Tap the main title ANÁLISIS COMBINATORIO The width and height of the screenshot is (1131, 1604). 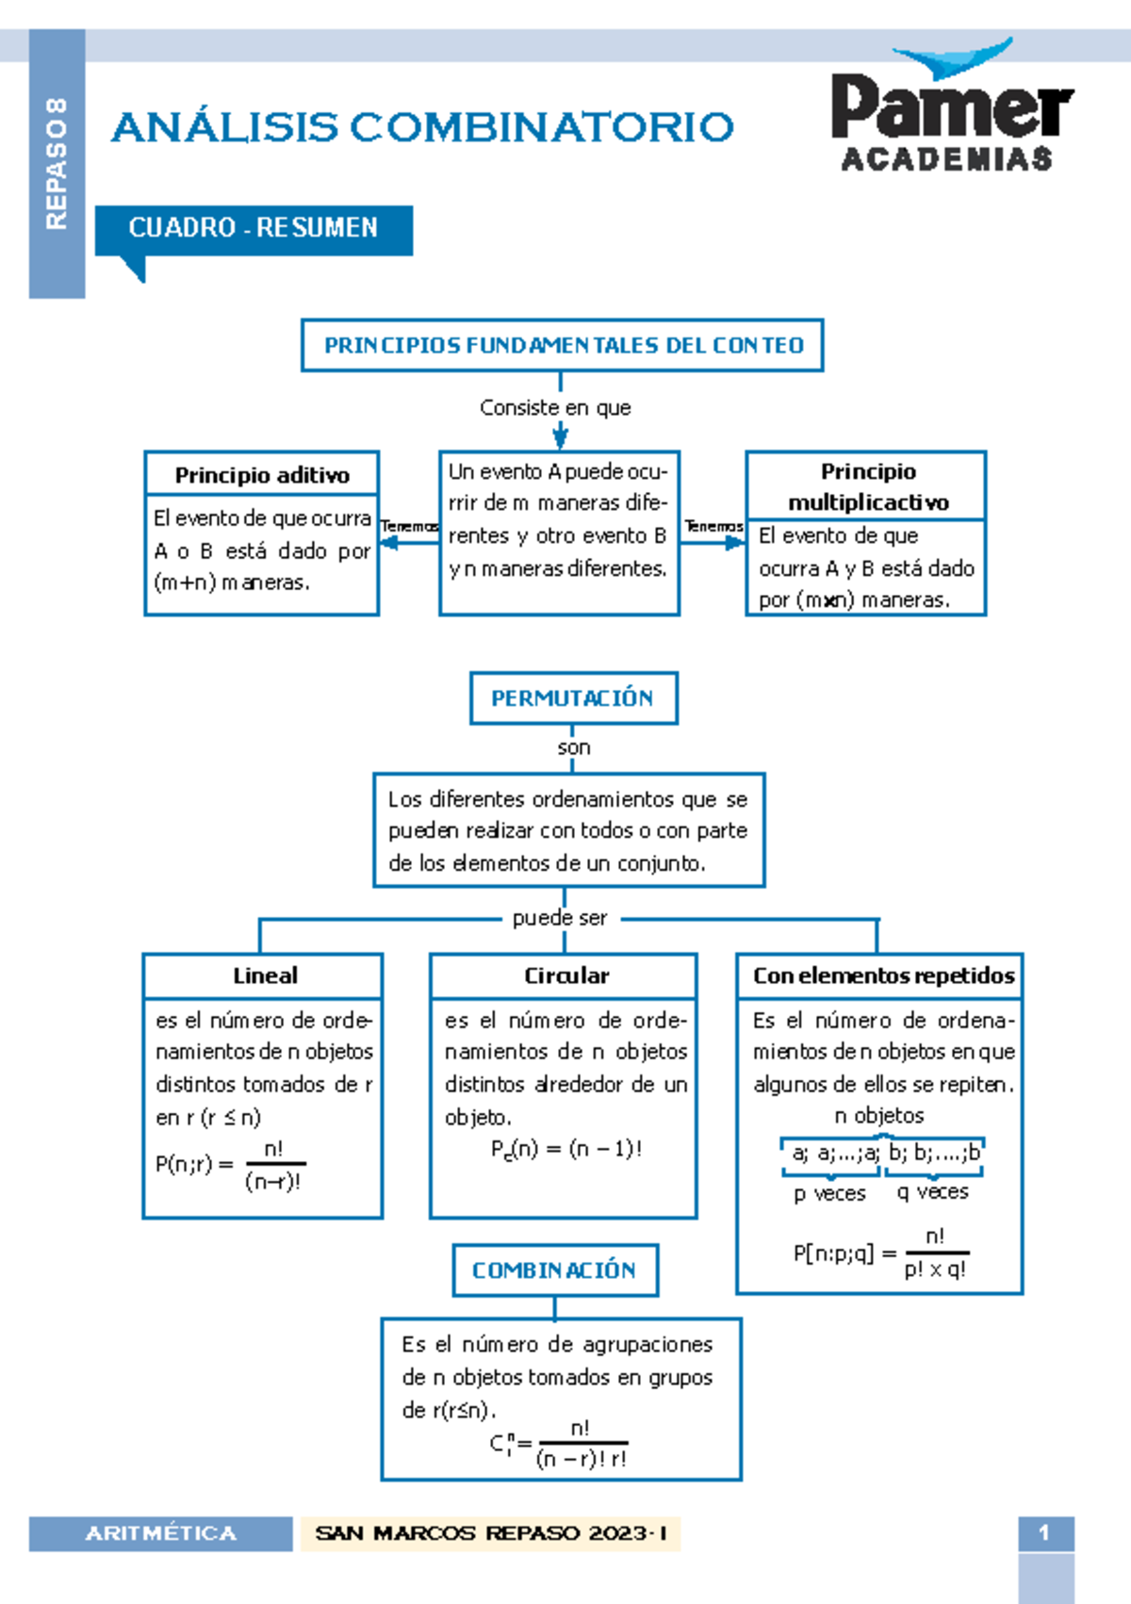[x=422, y=127]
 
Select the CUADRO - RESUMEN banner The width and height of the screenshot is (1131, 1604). [x=253, y=229]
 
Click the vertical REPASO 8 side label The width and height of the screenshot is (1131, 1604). [x=57, y=162]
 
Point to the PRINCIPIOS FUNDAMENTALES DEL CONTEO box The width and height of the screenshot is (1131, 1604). [x=563, y=346]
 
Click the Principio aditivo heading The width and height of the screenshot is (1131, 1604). [x=262, y=475]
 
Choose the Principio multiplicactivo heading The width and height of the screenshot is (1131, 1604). [x=867, y=486]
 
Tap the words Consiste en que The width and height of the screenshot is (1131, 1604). [x=555, y=408]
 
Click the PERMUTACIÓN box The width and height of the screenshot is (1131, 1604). [x=573, y=698]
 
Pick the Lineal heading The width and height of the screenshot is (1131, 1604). [x=264, y=975]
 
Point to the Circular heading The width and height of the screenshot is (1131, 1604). [x=565, y=975]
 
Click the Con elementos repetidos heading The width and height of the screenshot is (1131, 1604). [x=882, y=975]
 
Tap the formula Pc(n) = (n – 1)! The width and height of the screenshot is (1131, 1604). [x=565, y=1149]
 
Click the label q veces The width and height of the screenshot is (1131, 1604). [x=932, y=1192]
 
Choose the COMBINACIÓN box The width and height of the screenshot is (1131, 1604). [x=554, y=1270]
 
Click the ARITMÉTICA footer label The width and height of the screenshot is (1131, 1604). [x=160, y=1533]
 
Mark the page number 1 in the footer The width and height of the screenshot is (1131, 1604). [x=1044, y=1533]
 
